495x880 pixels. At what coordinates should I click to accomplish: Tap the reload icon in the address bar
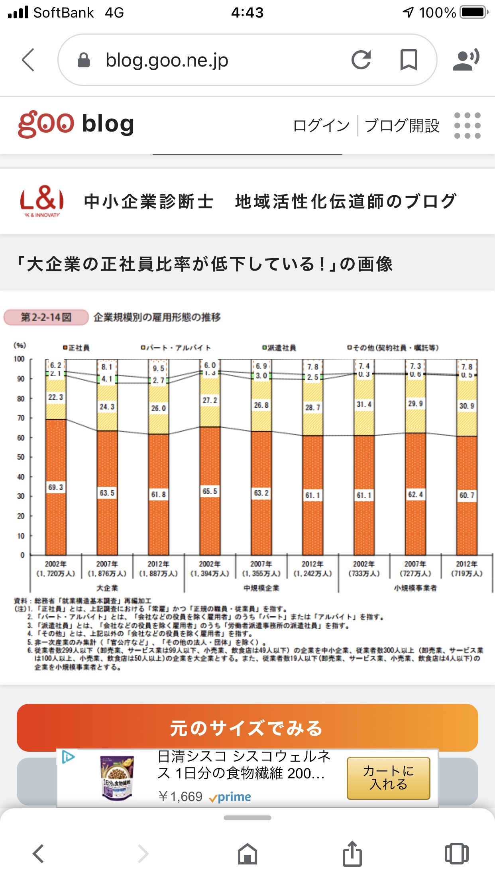tap(361, 60)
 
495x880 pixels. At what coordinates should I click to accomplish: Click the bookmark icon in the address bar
tap(409, 60)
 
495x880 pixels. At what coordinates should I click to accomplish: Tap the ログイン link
tap(321, 126)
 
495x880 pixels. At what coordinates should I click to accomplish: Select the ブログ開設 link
tap(402, 126)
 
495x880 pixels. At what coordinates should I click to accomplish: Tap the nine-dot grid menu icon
tap(467, 126)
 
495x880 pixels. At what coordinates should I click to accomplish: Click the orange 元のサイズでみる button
tap(247, 728)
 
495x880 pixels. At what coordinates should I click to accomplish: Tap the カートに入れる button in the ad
tap(388, 778)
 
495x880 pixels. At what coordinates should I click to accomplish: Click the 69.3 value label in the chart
tap(55, 487)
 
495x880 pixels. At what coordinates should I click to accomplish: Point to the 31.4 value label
tap(364, 404)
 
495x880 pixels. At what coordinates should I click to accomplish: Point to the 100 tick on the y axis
tap(19, 359)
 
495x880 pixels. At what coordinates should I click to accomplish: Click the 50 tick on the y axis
tap(21, 457)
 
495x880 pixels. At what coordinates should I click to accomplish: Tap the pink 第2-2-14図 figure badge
tap(46, 317)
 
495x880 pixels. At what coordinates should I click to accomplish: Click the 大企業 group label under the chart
tap(107, 588)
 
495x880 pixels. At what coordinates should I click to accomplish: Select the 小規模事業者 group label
tap(415, 588)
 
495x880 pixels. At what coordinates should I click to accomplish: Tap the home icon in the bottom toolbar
tap(247, 854)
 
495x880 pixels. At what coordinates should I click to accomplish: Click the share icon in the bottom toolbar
tap(352, 854)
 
